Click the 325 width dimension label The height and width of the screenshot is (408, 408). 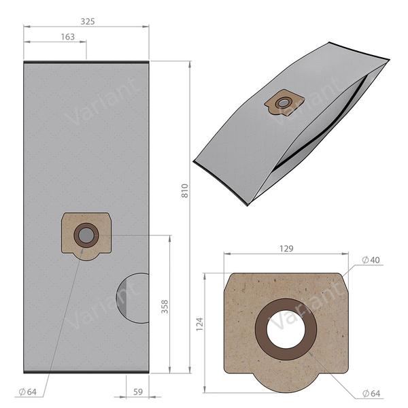coord(87,21)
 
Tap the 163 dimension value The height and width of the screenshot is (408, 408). coord(67,37)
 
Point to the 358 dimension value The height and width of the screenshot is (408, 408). coord(164,305)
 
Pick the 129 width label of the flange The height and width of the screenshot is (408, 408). coord(286,249)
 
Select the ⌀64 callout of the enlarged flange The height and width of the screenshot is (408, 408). coord(371,394)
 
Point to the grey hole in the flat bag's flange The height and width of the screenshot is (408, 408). coord(86,235)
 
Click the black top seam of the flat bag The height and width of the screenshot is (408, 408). coord(86,62)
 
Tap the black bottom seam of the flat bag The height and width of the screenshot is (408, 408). coord(86,371)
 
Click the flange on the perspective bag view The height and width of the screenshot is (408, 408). coord(283,103)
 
